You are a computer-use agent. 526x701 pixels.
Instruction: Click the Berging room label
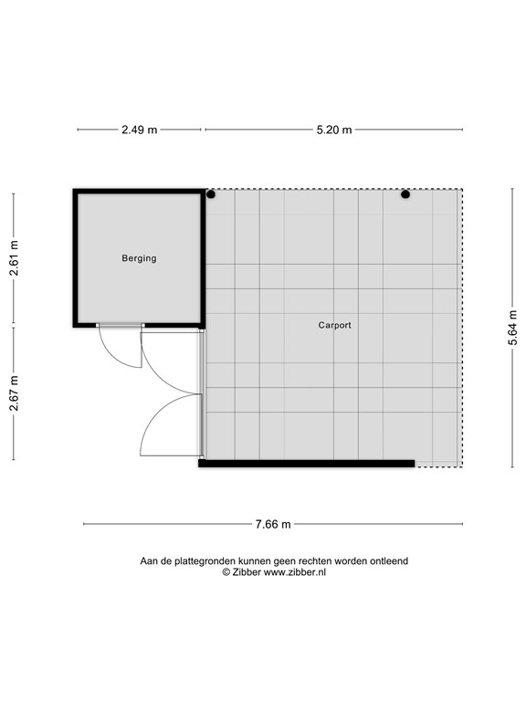(139, 258)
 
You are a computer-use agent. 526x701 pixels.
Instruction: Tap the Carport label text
(334, 325)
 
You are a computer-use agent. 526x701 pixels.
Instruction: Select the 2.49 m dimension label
(140, 130)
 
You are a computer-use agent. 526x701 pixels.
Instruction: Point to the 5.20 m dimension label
(334, 130)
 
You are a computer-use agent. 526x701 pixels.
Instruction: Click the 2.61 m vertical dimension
(15, 258)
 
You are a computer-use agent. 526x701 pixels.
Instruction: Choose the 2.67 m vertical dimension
(15, 393)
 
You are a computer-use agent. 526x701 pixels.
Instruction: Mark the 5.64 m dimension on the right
(512, 328)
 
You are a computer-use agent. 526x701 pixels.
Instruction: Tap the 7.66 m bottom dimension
(273, 524)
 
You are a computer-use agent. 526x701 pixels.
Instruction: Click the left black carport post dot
(211, 194)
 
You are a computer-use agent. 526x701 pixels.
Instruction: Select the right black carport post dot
(405, 194)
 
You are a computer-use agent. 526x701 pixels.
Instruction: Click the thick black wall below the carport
(307, 464)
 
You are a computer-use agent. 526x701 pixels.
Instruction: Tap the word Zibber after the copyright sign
(247, 572)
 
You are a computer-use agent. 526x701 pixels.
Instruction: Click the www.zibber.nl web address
(294, 572)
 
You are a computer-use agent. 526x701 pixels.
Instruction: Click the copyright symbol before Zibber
(226, 572)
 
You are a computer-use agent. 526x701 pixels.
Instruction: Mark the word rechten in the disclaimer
(315, 561)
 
